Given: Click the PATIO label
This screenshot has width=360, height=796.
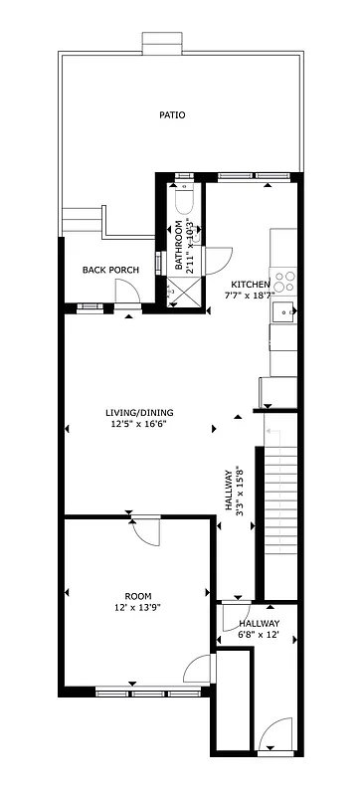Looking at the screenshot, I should [172, 114].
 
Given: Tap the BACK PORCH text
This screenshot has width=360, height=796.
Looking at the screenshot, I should [109, 270].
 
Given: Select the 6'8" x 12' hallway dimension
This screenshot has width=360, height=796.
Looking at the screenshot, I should [259, 634].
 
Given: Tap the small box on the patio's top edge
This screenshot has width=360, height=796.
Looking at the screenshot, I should [159, 43].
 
